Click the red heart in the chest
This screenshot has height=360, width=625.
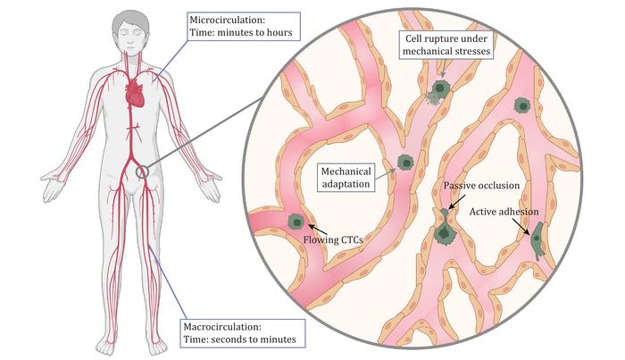point(135,93)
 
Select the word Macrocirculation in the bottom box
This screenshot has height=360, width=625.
point(222,327)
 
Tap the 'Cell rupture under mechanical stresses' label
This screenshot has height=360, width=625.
point(446,45)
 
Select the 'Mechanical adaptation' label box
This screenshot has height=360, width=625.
point(346,178)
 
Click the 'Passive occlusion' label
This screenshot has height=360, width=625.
point(481,186)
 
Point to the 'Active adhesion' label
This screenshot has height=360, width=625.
point(504,212)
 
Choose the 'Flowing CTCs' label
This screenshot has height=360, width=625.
point(333,240)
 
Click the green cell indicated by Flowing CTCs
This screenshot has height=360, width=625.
point(296,222)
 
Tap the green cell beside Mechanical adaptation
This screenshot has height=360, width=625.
point(405,163)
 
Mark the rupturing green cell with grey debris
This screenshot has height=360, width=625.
point(438,91)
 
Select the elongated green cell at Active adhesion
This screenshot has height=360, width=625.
point(537,241)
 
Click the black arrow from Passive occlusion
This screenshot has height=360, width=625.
point(457,201)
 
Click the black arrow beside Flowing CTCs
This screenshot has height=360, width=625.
point(318,230)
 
